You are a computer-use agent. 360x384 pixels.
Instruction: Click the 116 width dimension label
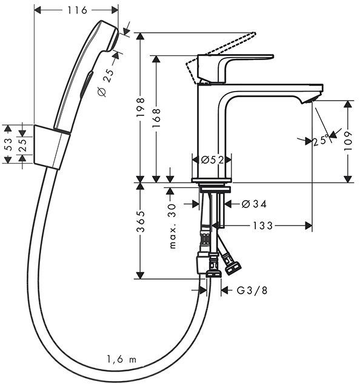pos(76,10)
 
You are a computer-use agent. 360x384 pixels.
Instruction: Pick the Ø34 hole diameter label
pos(254,204)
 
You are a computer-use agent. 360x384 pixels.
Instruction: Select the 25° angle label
pos(321,141)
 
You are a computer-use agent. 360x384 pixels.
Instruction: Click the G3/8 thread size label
pos(251,290)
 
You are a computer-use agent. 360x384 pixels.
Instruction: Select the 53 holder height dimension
pos(7,144)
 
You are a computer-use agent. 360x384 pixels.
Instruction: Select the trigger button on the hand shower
pos(87,82)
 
